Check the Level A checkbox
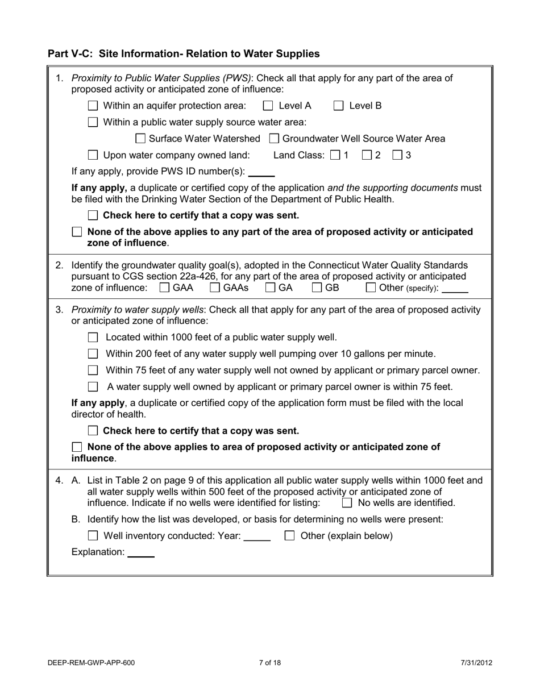point(268,106)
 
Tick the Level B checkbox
point(339,106)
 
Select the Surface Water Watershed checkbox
point(140,139)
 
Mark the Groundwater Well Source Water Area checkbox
point(274,139)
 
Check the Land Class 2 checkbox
point(367,155)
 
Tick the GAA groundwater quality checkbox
point(164,288)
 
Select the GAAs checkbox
point(215,288)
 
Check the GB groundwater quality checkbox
point(317,288)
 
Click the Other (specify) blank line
point(455,289)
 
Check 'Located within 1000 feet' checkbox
point(93,338)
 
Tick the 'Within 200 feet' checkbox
point(93,354)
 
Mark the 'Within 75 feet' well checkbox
point(93,371)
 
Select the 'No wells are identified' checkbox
point(347,503)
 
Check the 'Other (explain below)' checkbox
point(289,536)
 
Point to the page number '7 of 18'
point(269,663)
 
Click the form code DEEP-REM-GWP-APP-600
point(92,663)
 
